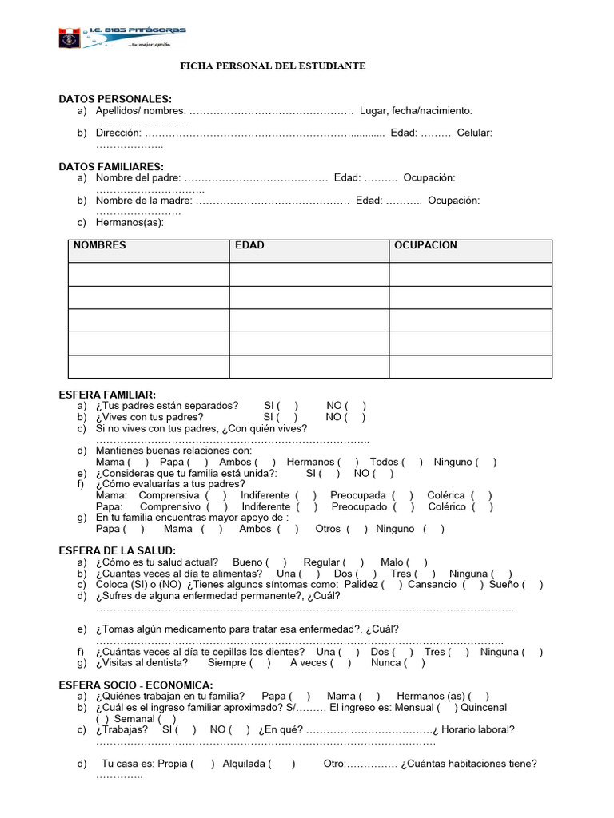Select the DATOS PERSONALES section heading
(115, 98)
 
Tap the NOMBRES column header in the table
(100, 245)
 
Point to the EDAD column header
(249, 245)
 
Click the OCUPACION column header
(425, 245)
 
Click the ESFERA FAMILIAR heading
(107, 395)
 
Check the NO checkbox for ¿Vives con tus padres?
(356, 417)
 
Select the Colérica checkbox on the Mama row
(481, 495)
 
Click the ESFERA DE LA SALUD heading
(118, 550)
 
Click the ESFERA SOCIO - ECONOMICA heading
(136, 685)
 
